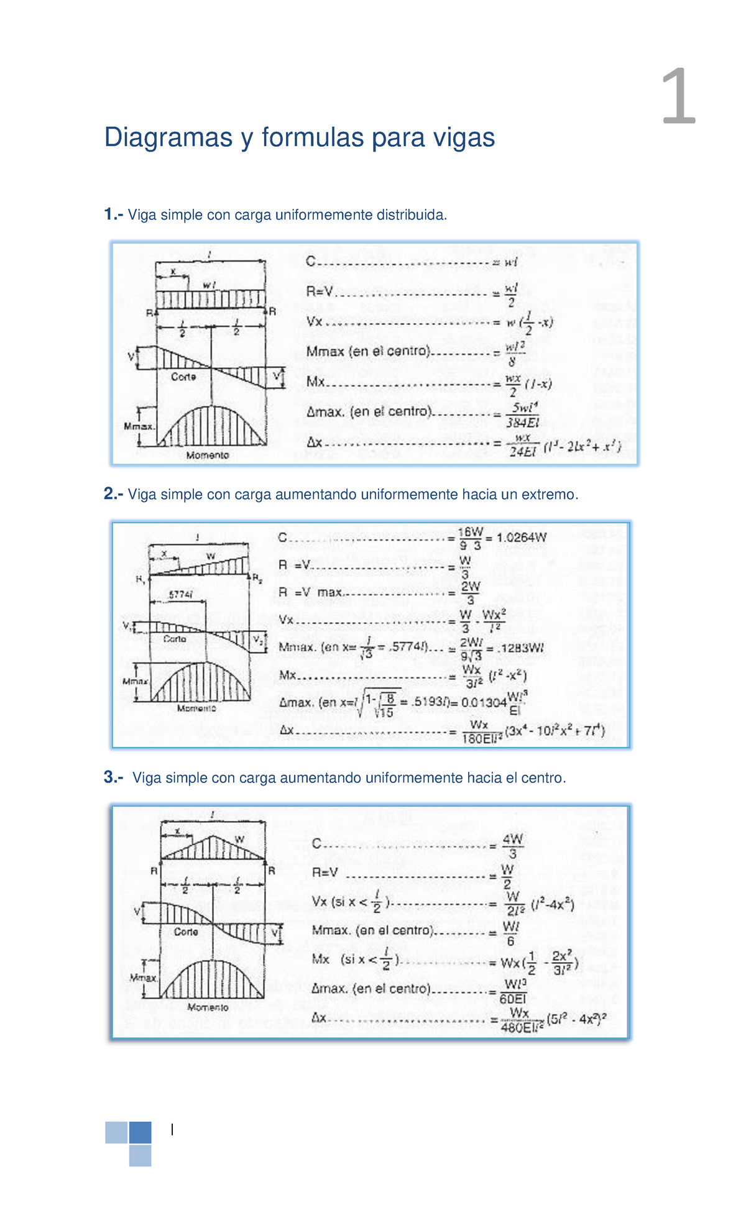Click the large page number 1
(678, 98)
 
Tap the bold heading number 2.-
(114, 494)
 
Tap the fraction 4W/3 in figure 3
(513, 846)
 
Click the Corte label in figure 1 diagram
(183, 377)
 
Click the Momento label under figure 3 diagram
(208, 1007)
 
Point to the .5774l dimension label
(180, 595)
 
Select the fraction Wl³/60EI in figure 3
(515, 991)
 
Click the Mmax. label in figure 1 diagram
(139, 426)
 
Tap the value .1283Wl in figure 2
(520, 648)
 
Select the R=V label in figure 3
(325, 873)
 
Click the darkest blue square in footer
(140, 1132)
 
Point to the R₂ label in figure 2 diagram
(257, 578)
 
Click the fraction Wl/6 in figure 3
(510, 933)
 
